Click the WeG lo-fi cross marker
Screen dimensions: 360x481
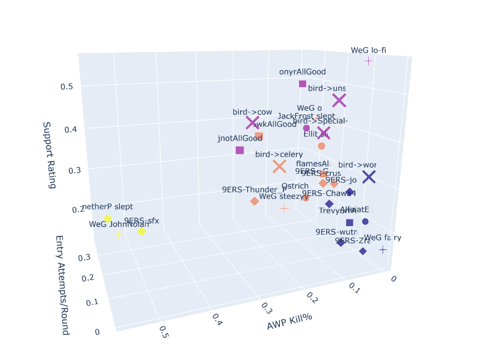point(368,61)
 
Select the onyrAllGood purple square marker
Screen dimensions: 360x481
point(303,84)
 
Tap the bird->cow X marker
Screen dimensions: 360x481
point(252,123)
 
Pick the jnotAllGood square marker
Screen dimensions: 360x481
point(239,150)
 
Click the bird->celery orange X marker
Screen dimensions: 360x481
point(279,166)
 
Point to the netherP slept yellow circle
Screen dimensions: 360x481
point(108,218)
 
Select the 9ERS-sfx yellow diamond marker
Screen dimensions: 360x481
point(142,232)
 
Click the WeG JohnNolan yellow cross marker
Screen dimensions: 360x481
point(119,235)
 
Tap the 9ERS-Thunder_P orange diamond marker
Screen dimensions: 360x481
point(254,201)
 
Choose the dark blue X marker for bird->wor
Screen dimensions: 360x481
point(369,177)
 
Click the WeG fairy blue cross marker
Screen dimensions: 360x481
point(383,249)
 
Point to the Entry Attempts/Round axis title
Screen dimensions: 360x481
point(62,285)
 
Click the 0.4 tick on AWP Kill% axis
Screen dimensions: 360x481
point(216,320)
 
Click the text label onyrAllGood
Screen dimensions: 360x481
point(302,72)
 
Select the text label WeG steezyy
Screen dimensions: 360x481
point(284,196)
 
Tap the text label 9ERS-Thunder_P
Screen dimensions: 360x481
point(254,189)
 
